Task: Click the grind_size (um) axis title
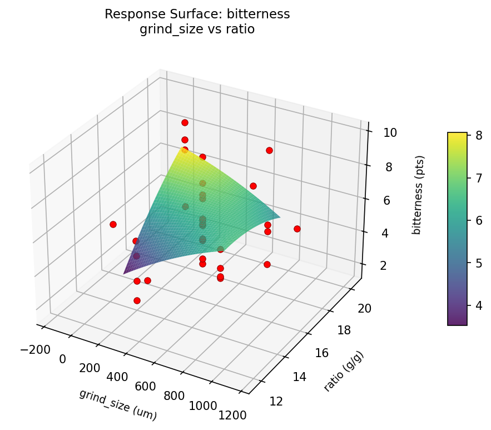click(118, 404)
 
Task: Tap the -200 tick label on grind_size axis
click(35, 349)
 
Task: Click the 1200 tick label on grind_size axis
click(233, 414)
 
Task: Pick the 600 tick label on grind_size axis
click(145, 387)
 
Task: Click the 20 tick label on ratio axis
click(364, 309)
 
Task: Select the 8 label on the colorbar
click(478, 135)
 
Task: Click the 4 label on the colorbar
click(478, 305)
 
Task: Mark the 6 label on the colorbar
click(478, 220)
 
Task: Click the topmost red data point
click(185, 122)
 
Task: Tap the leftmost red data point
click(113, 224)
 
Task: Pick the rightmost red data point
click(297, 229)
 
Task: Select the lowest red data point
click(137, 300)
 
